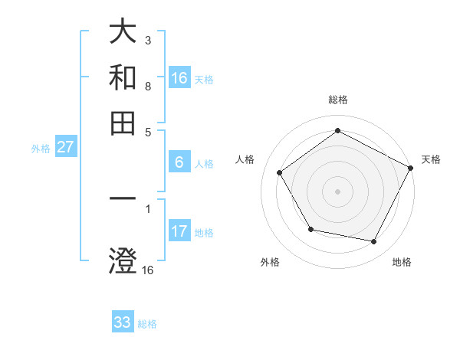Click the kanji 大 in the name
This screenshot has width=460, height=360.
point(123,32)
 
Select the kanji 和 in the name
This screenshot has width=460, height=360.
point(123,77)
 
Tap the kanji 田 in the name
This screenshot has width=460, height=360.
point(123,122)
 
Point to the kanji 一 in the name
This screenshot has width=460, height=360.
point(123,200)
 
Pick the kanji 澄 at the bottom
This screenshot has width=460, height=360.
point(123,260)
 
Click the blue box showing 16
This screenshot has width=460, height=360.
point(179,78)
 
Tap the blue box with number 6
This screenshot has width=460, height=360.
point(179,162)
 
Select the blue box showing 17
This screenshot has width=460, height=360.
point(179,231)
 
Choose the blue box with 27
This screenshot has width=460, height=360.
point(65,148)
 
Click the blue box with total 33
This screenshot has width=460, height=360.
point(123,322)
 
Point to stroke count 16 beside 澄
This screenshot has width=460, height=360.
point(148,270)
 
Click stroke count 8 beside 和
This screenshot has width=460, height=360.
point(147,87)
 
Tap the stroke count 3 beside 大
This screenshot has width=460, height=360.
point(147,40)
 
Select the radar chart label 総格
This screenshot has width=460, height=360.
point(337,100)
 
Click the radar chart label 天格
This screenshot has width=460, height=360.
point(431,159)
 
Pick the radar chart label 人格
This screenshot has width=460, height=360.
point(245,159)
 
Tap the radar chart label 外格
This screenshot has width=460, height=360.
point(270,262)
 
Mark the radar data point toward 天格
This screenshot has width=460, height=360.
point(412,168)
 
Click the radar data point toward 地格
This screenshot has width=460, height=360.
point(374,242)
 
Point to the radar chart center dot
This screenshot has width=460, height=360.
point(337,191)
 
